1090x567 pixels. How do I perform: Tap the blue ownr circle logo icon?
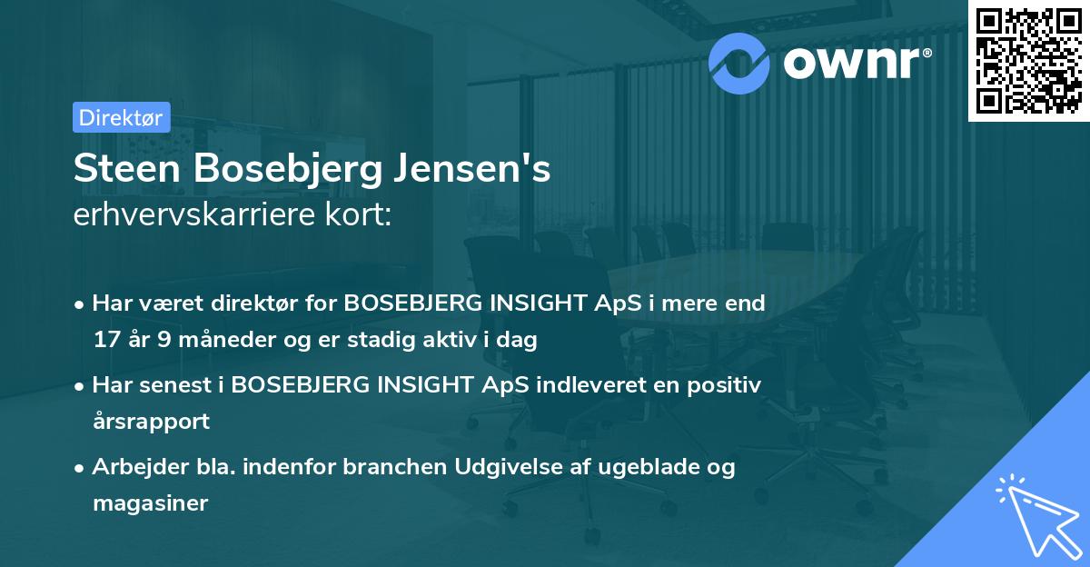[x=738, y=62]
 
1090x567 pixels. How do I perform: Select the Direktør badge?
[x=121, y=116]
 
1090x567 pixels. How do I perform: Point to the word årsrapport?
[x=151, y=421]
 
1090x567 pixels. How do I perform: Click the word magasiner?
[x=151, y=502]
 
